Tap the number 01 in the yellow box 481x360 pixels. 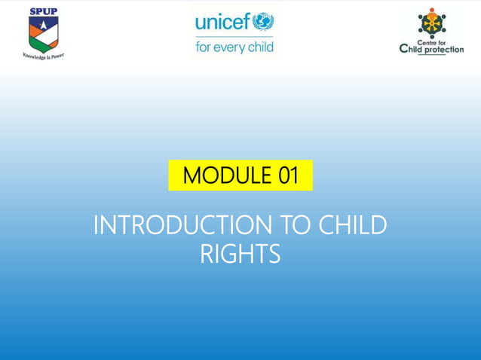click(x=288, y=176)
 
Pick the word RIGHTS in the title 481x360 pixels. click(x=240, y=254)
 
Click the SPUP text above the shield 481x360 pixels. click(x=43, y=11)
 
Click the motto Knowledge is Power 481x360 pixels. click(x=43, y=55)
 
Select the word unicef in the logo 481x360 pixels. click(x=222, y=23)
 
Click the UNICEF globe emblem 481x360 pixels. click(x=263, y=21)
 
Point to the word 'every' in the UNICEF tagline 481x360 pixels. click(x=234, y=47)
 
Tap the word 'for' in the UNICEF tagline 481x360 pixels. click(x=204, y=47)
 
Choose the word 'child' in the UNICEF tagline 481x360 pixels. click(x=261, y=47)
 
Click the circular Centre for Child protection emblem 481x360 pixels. click(x=432, y=23)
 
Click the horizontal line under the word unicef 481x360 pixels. click(x=234, y=35)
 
